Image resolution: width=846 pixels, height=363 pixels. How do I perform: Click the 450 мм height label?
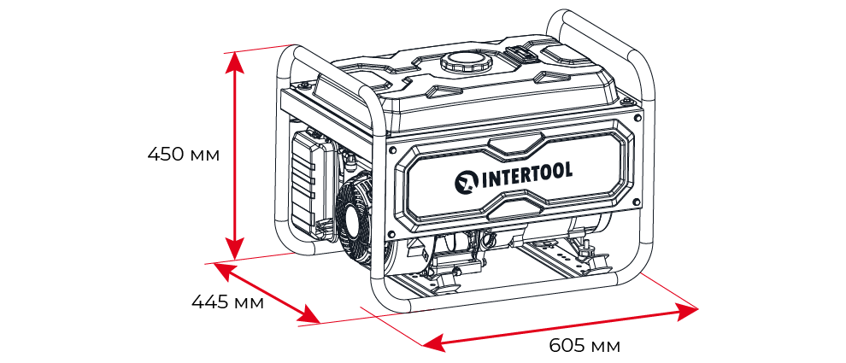[x=183, y=155]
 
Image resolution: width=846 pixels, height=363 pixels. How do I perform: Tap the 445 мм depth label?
[x=226, y=302]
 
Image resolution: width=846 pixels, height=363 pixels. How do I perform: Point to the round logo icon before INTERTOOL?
[x=467, y=182]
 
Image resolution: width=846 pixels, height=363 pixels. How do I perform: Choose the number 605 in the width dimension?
[x=567, y=345]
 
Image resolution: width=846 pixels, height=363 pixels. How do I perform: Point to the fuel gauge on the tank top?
[x=522, y=55]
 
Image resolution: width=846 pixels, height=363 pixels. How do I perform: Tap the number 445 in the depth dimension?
[x=209, y=302]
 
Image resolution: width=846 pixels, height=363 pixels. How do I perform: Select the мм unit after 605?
[x=604, y=346]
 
